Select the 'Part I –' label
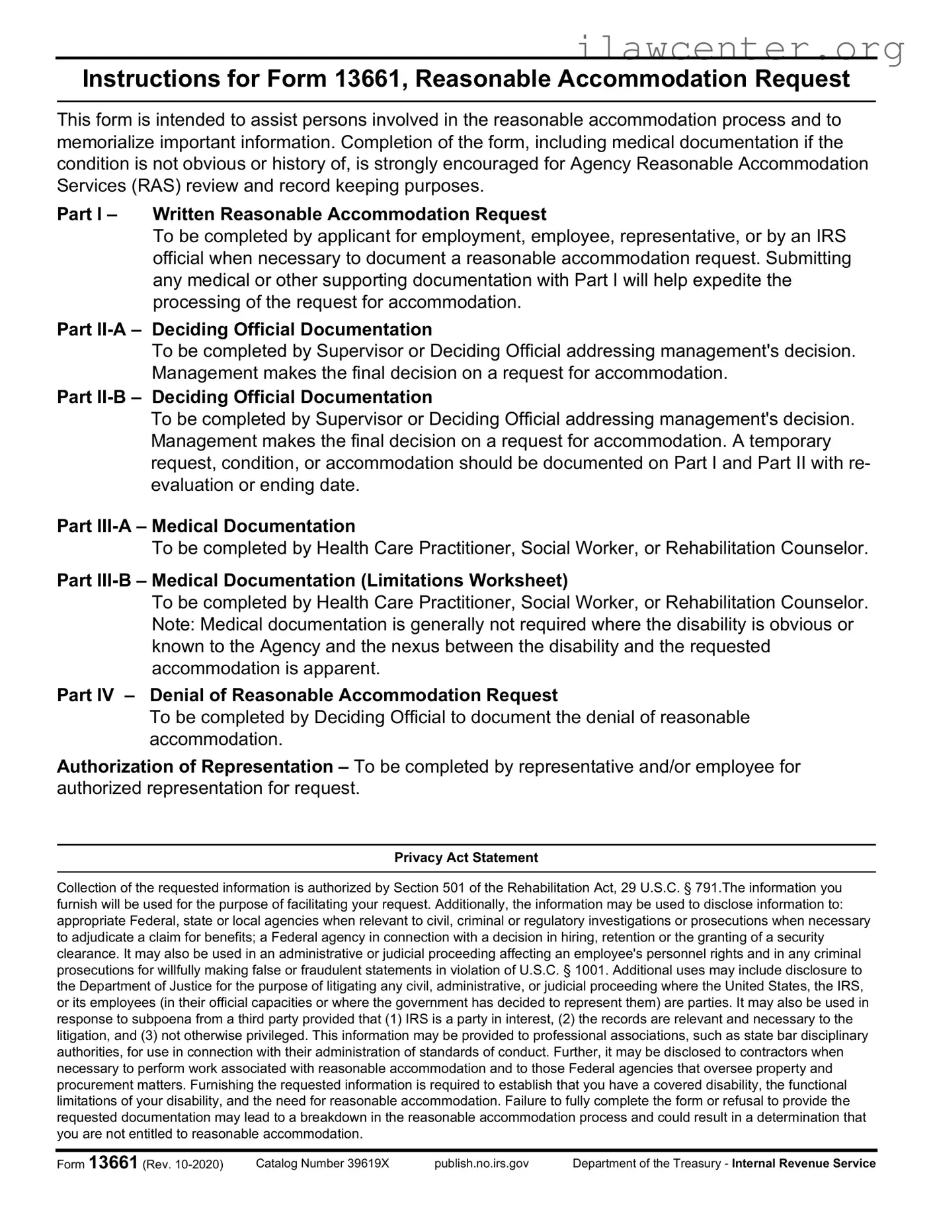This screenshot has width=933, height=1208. tap(87, 214)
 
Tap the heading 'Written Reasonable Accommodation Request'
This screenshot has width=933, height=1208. tap(349, 214)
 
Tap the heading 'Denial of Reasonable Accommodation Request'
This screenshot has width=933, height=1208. tap(354, 695)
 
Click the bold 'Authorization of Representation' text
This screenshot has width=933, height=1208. tap(195, 767)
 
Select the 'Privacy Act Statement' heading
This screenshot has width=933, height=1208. tap(466, 858)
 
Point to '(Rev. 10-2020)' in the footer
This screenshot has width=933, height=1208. tap(183, 1165)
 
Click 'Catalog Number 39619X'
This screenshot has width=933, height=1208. tap(323, 1164)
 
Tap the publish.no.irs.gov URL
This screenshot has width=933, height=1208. tap(481, 1164)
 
